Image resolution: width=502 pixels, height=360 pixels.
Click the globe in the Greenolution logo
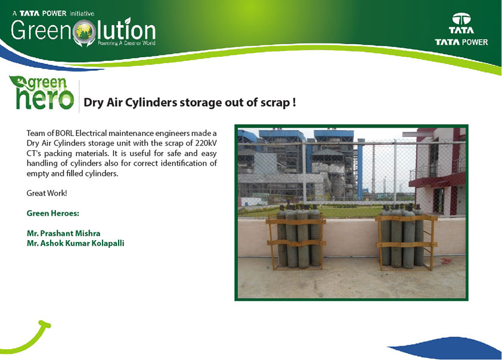(x=84, y=32)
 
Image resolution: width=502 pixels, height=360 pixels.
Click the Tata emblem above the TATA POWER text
(x=461, y=19)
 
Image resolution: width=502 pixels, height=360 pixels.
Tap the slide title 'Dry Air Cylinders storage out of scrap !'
(x=190, y=103)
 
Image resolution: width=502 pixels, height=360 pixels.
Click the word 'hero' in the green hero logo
(x=45, y=98)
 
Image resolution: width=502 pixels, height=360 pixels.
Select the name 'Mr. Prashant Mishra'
(x=63, y=233)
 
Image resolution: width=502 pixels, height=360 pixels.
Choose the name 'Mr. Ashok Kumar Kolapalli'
(x=76, y=243)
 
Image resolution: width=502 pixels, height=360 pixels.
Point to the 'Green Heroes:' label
(x=53, y=213)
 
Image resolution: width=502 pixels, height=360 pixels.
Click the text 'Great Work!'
(x=47, y=193)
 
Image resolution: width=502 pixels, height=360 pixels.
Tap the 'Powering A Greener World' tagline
(x=126, y=43)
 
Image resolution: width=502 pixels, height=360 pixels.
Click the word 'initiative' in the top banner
(x=82, y=14)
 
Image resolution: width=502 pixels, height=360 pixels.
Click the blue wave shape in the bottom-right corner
(x=448, y=348)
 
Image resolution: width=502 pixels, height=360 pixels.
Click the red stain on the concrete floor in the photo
(x=445, y=262)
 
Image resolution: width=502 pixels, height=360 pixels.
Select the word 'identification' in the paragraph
(x=184, y=163)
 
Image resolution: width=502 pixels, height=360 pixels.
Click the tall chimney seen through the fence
(x=373, y=170)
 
